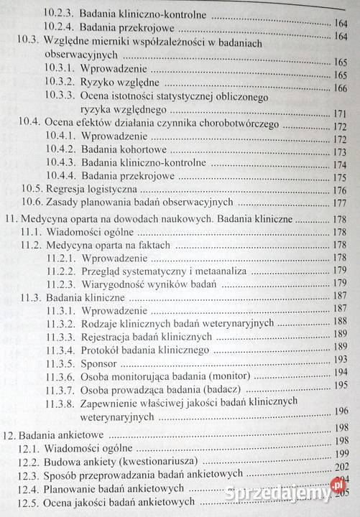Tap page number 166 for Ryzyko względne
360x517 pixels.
click(340, 89)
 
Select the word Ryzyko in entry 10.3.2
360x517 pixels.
click(100, 88)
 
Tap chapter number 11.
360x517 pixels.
click(11, 219)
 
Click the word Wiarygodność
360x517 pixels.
click(119, 283)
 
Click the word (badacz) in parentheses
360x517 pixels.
click(234, 389)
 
